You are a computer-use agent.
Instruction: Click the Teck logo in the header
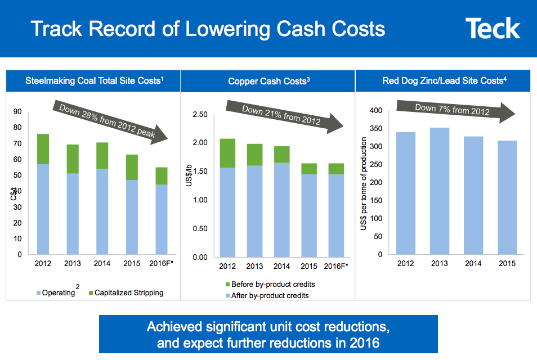coord(493,29)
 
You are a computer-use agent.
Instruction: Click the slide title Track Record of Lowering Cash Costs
coord(208,29)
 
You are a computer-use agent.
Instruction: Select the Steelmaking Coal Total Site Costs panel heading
coord(95,81)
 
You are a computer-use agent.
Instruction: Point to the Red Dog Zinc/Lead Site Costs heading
coord(443,81)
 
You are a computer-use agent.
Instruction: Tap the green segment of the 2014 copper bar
coord(282,154)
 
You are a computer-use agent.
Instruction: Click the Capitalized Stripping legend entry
coord(125,292)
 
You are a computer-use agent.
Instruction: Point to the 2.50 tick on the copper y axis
coord(200,115)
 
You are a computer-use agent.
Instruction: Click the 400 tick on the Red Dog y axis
coord(375,111)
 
